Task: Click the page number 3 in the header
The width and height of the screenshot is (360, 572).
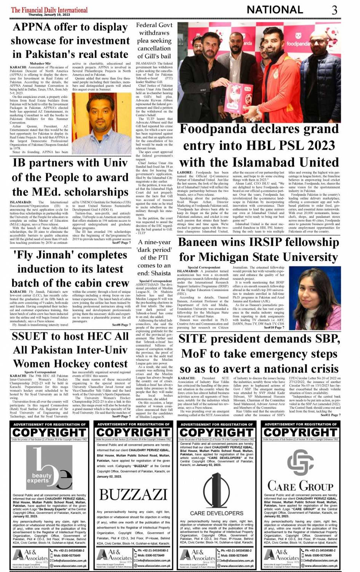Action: tap(334, 10)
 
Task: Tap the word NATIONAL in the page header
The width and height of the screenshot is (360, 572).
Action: tap(275, 10)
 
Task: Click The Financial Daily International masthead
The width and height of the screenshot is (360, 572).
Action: tap(49, 10)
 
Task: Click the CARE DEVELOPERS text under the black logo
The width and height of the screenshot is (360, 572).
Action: tap(216, 513)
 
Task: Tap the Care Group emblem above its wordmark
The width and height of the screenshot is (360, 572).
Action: tap(300, 462)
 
